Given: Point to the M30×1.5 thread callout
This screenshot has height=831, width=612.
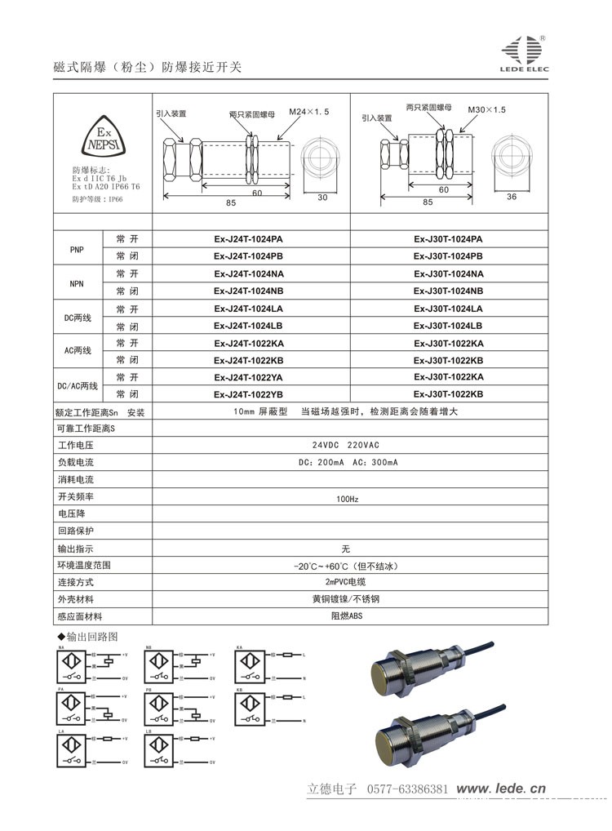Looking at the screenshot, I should pos(487,109).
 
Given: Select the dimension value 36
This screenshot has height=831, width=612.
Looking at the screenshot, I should pos(512,197).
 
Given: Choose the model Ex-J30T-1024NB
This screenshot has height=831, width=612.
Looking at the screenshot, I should pos(448,291).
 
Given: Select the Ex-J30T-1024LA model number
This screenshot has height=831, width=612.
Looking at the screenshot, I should pos(448,308).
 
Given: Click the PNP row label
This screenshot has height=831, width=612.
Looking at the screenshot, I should pos(78,247).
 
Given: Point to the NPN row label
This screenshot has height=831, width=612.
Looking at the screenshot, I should pos(78,282).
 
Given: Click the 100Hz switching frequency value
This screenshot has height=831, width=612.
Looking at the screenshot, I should pos(348,498).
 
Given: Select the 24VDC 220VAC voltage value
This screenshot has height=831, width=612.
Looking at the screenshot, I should pos(346,446).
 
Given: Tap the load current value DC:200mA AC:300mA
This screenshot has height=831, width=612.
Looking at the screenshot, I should pos(348,463).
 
